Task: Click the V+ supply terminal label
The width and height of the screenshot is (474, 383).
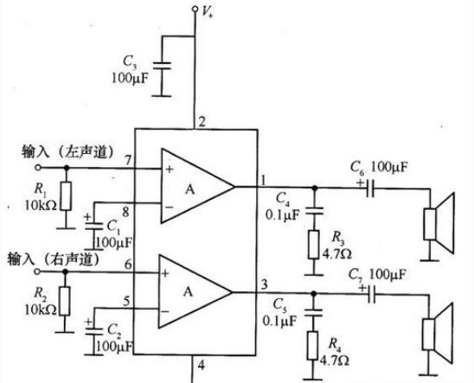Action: pyautogui.click(x=208, y=12)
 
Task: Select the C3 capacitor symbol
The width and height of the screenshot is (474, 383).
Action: pyautogui.click(x=162, y=66)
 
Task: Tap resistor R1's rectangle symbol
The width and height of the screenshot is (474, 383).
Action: pyautogui.click(x=67, y=196)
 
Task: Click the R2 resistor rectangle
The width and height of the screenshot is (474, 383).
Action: pyautogui.click(x=65, y=301)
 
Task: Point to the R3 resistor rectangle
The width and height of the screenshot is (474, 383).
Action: pyautogui.click(x=314, y=245)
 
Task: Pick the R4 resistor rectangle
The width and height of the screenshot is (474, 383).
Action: pyautogui.click(x=313, y=346)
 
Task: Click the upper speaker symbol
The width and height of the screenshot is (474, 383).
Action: pyautogui.click(x=439, y=223)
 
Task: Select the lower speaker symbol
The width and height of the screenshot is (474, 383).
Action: pyautogui.click(x=438, y=333)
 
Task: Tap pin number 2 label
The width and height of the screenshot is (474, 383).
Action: pyautogui.click(x=202, y=122)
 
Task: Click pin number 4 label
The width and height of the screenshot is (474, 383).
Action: pyautogui.click(x=202, y=366)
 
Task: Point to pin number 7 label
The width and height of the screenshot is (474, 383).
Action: pyautogui.click(x=128, y=160)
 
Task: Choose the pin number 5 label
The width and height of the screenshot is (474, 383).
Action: pyautogui.click(x=127, y=301)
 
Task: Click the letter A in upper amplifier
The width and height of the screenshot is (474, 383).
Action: pyautogui.click(x=190, y=189)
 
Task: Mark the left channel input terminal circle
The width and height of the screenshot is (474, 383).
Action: pyautogui.click(x=38, y=168)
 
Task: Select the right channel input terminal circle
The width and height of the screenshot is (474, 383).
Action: pyautogui.click(x=37, y=271)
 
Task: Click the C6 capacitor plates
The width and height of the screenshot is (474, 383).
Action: pyautogui.click(x=370, y=188)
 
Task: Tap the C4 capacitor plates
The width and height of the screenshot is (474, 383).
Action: pyautogui.click(x=314, y=211)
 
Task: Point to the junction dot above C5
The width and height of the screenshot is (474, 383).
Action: pyautogui.click(x=313, y=293)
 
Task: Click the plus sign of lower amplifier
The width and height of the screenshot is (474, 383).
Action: pyautogui.click(x=165, y=274)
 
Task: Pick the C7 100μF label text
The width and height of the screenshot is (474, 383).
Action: pyautogui.click(x=376, y=275)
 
